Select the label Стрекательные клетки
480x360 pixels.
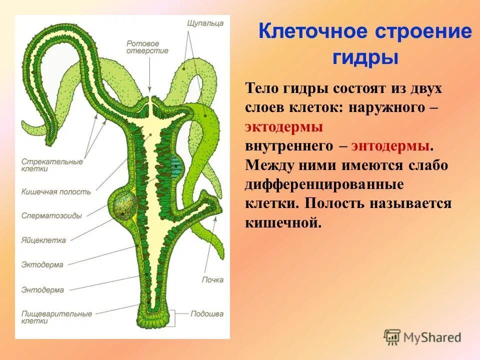tap(52, 165)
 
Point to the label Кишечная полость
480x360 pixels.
tap(56, 191)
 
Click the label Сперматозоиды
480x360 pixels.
tap(51, 215)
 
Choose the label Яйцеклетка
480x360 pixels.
tap(43, 240)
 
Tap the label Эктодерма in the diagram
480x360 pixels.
tap(42, 264)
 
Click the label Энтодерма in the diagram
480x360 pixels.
tap(42, 289)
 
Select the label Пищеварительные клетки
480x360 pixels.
tap(56, 317)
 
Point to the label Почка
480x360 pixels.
tap(212, 280)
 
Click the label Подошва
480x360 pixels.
tap(206, 314)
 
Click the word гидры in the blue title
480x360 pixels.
tap(365, 57)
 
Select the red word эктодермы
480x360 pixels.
tap(283, 126)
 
